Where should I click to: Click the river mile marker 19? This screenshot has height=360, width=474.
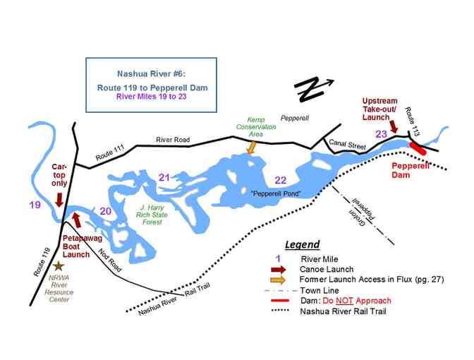click(x=35, y=205)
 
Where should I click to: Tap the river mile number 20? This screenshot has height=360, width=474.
click(x=105, y=210)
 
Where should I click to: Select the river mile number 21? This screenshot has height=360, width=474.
click(x=165, y=176)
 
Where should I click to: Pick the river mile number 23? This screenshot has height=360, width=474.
click(x=380, y=134)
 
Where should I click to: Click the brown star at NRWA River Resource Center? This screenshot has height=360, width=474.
click(x=59, y=265)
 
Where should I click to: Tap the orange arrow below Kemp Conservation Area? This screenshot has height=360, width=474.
click(x=251, y=147)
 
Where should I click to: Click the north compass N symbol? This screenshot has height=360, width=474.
click(x=308, y=89)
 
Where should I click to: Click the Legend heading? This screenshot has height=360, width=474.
click(x=301, y=244)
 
